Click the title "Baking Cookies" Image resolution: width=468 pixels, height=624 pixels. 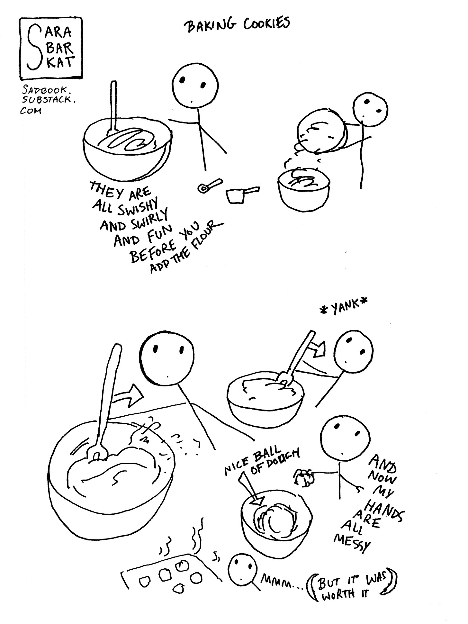236,24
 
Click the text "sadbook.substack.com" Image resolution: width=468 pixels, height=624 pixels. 47,100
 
